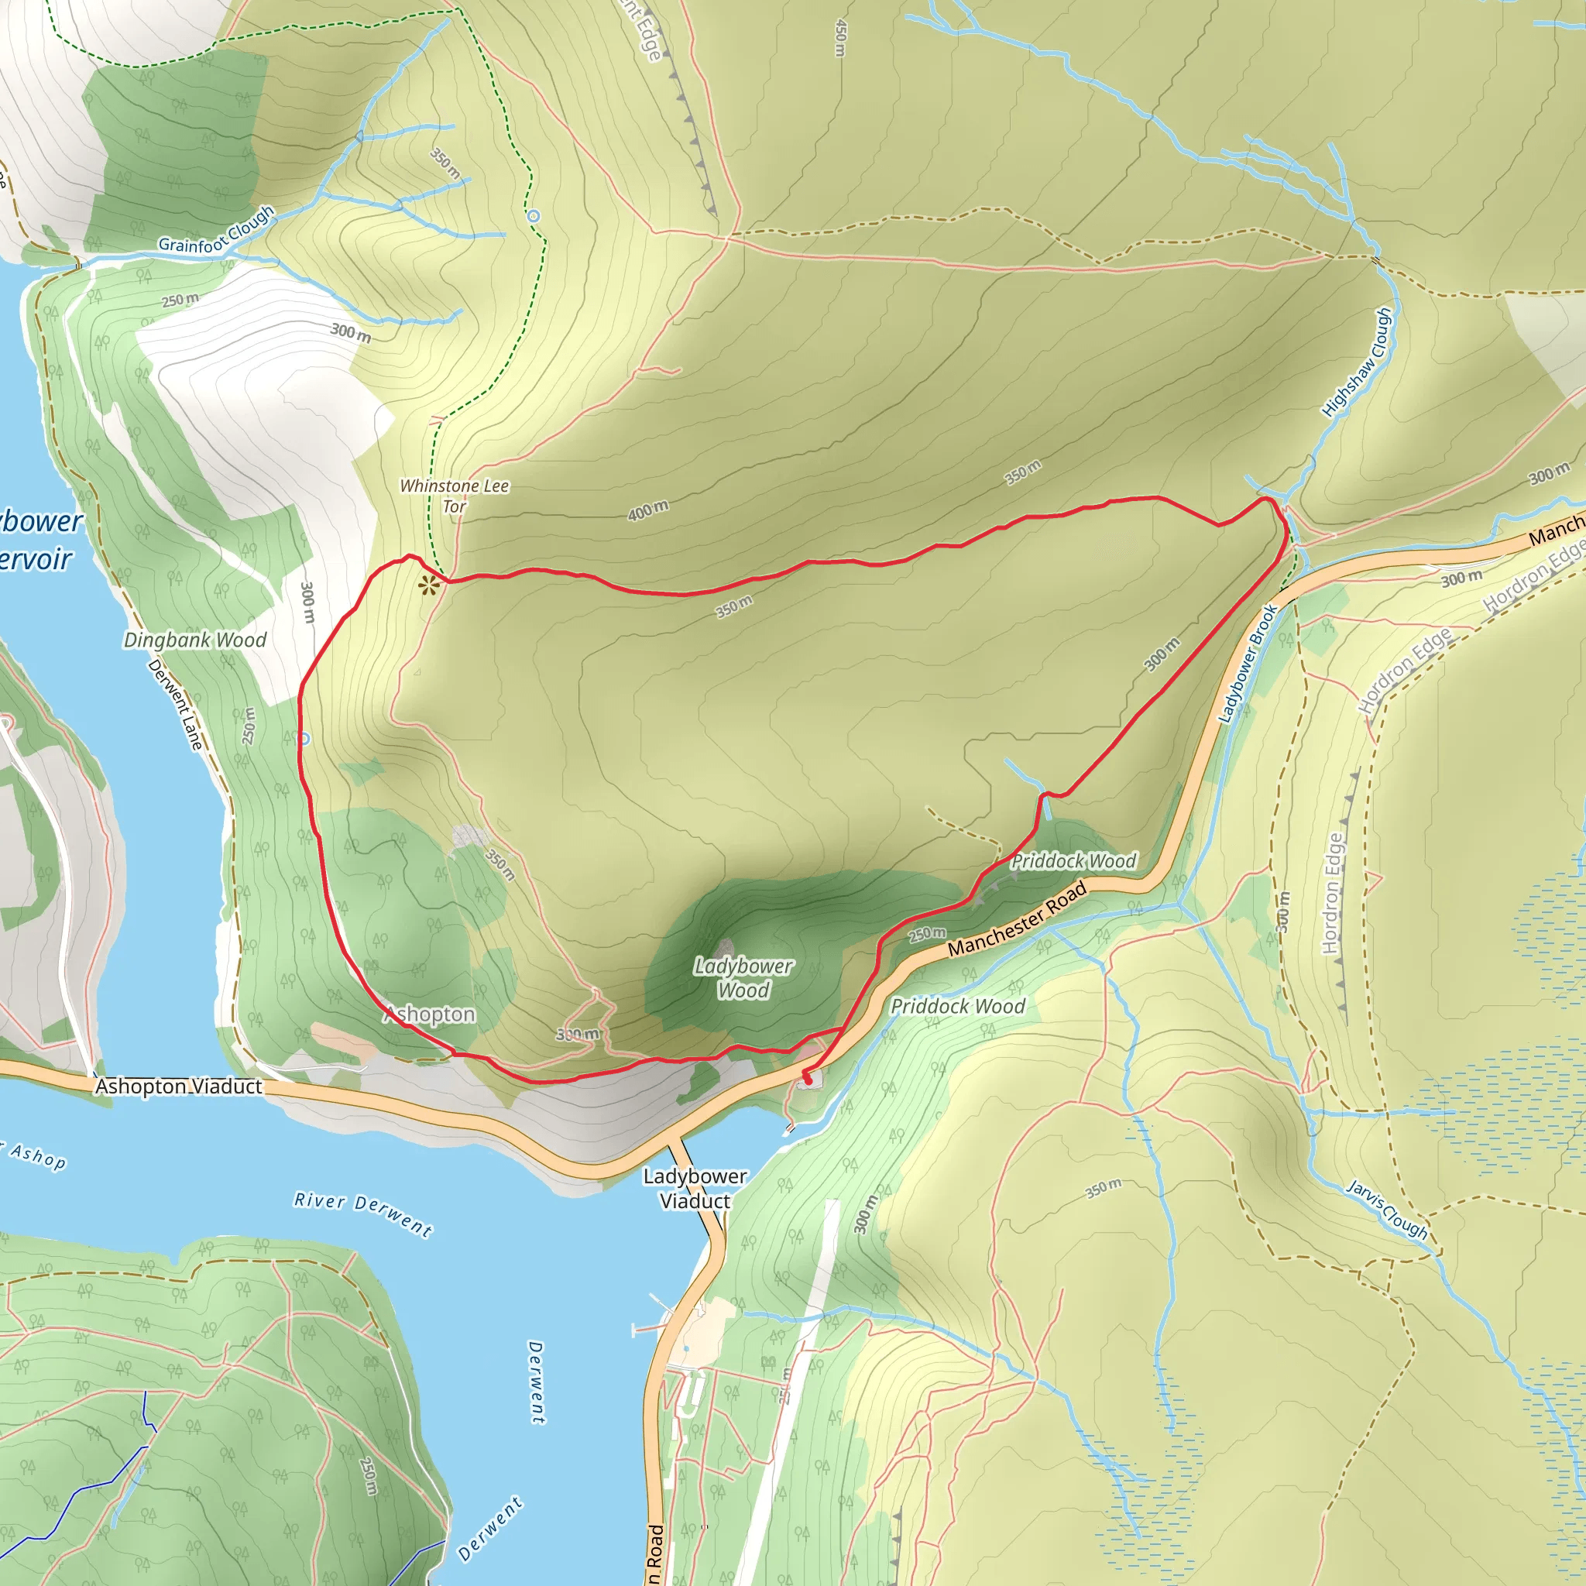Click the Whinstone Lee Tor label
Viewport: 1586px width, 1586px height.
point(454,496)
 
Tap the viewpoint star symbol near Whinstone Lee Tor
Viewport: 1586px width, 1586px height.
point(427,585)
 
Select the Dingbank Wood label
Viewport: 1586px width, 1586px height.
point(195,640)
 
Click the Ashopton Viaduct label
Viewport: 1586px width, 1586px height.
point(179,1087)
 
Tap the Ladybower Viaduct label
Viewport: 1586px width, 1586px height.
point(695,1189)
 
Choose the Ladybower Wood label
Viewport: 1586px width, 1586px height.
point(743,978)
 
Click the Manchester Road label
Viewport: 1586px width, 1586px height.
point(1017,918)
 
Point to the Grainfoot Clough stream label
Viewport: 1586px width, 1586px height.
point(216,231)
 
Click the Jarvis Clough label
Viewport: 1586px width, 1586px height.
point(1387,1209)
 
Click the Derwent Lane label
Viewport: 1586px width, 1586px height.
point(175,703)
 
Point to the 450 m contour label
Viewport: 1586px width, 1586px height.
point(839,38)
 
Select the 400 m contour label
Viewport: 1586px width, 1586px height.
point(647,510)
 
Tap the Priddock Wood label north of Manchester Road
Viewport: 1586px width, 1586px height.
point(1073,861)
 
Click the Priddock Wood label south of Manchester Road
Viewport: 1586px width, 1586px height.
point(958,1007)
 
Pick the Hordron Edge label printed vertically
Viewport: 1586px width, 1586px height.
point(1332,893)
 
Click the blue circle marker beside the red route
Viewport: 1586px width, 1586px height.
point(304,739)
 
